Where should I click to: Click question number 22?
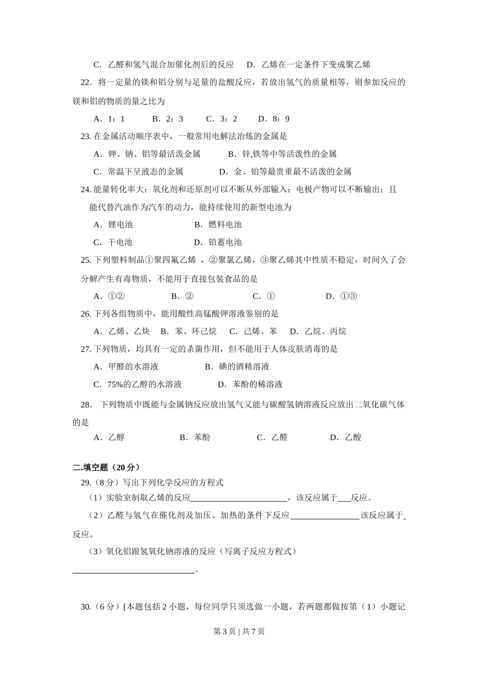pyautogui.click(x=86, y=82)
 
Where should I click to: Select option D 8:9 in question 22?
pyautogui.click(x=274, y=119)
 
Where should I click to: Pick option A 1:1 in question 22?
pyautogui.click(x=109, y=119)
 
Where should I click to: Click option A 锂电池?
pyautogui.click(x=113, y=225)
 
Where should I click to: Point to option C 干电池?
pyautogui.click(x=113, y=242)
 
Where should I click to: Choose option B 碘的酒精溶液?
pyautogui.click(x=237, y=367)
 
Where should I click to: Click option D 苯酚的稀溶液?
pyautogui.click(x=250, y=384)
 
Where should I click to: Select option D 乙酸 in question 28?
pyautogui.click(x=346, y=438)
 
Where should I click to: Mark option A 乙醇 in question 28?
pyautogui.click(x=109, y=438)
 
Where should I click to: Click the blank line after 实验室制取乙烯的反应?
pyautogui.click(x=238, y=499)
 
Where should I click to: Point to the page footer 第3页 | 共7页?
pyautogui.click(x=239, y=632)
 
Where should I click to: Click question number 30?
pyautogui.click(x=86, y=607)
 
